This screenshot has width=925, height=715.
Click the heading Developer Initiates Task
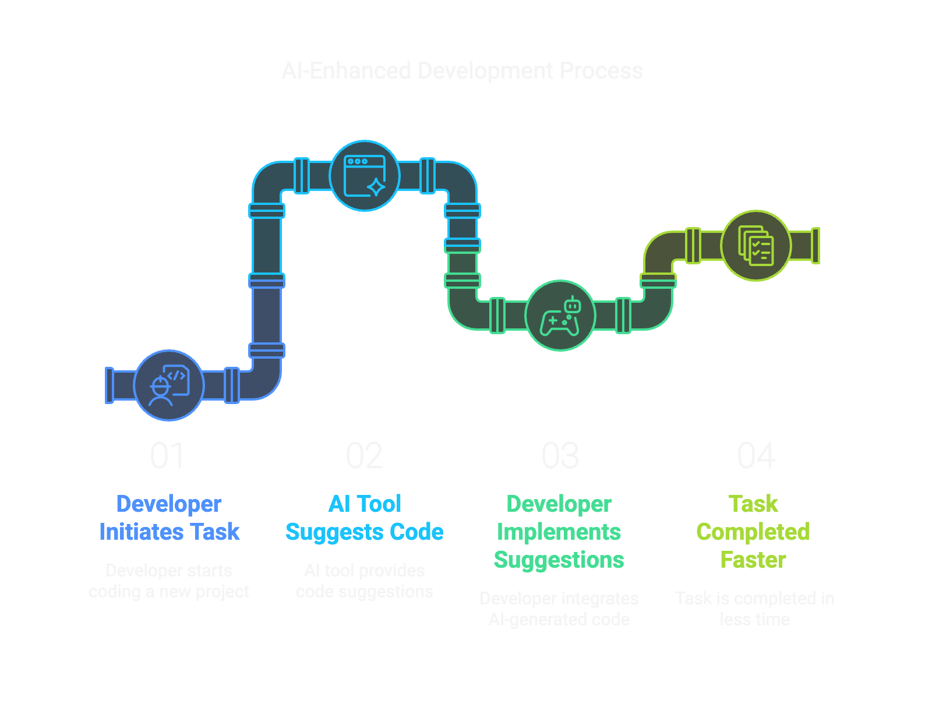pos(169,518)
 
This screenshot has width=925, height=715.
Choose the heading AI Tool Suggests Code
pos(365,518)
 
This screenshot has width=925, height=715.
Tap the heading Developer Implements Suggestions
pos(559,532)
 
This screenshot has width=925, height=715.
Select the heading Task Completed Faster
pos(754,532)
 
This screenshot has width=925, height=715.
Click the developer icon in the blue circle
pos(169,385)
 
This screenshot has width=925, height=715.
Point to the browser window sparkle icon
pos(365,176)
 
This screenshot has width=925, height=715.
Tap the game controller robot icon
pos(560,316)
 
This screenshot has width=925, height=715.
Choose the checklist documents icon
pos(755,245)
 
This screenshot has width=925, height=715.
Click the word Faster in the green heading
pos(753,560)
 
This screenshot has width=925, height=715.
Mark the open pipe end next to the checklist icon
pos(815,246)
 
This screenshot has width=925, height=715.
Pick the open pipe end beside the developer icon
pos(109,385)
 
